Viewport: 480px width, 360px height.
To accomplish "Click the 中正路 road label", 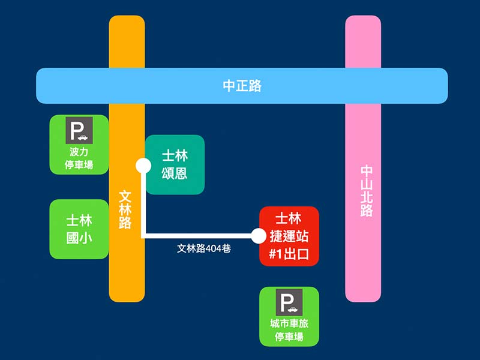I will click(242, 86).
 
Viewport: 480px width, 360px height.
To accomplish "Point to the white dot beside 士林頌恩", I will click(143, 164).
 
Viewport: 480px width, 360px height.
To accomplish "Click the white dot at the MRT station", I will click(259, 236).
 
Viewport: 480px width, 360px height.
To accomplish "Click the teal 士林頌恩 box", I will click(175, 164).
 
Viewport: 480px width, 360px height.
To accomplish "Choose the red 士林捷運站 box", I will click(289, 236).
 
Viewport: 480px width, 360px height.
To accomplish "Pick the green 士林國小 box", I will click(79, 229).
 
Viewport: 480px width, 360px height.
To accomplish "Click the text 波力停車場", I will click(79, 158).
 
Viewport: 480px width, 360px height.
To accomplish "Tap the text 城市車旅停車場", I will click(289, 330).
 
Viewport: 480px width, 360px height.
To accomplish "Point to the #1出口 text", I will click(289, 254).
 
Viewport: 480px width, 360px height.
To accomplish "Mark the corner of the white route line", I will click(143, 236).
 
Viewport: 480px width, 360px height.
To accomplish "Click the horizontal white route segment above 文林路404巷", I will click(198, 236).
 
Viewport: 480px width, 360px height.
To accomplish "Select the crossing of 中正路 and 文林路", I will click(127, 86).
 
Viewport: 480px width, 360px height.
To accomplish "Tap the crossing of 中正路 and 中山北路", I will click(363, 86).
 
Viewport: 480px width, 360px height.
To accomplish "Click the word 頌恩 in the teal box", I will click(175, 174).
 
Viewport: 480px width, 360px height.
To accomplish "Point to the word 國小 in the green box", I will click(79, 238).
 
